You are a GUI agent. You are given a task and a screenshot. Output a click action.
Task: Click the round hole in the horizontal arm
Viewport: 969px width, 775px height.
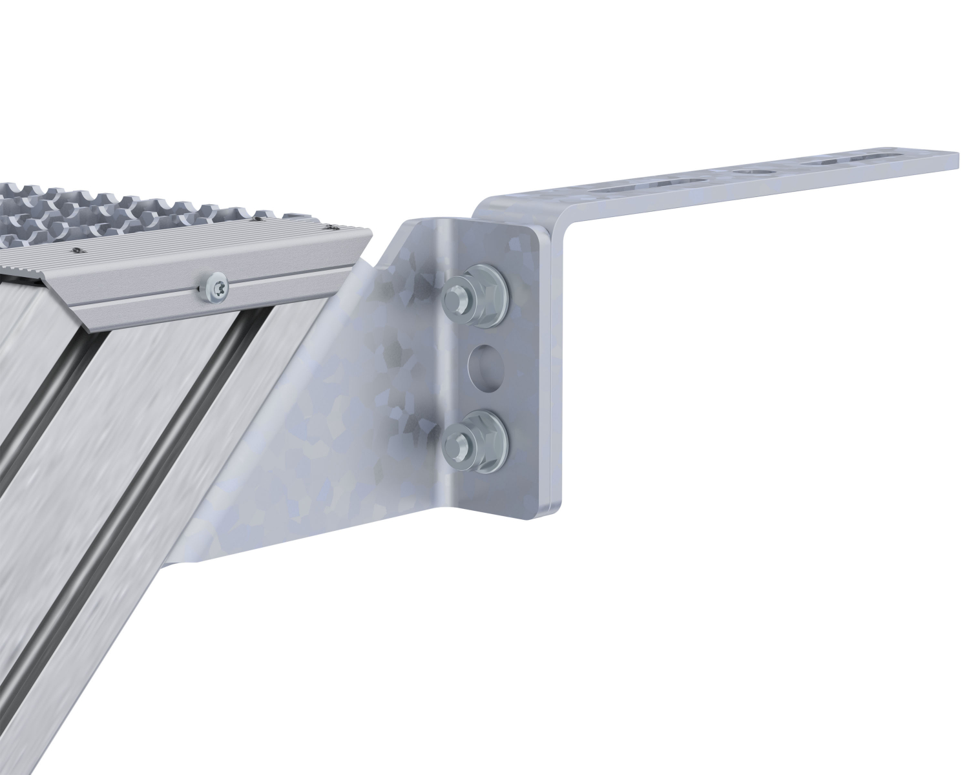[x=755, y=173]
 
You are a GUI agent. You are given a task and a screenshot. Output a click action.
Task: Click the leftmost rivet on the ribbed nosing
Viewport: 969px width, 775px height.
[x=78, y=251]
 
